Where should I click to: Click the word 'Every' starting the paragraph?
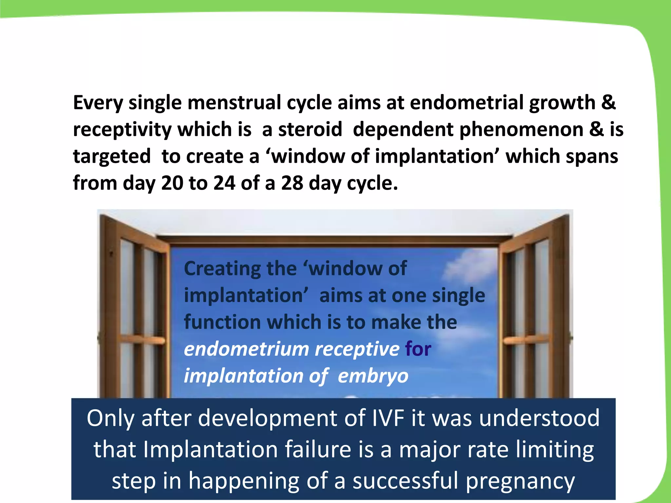point(98,103)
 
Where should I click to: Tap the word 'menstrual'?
point(234,102)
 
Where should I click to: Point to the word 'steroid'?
point(310,129)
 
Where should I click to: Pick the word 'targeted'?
point(112,157)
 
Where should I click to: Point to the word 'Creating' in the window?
point(222,269)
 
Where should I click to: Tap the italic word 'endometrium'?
point(246,349)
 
